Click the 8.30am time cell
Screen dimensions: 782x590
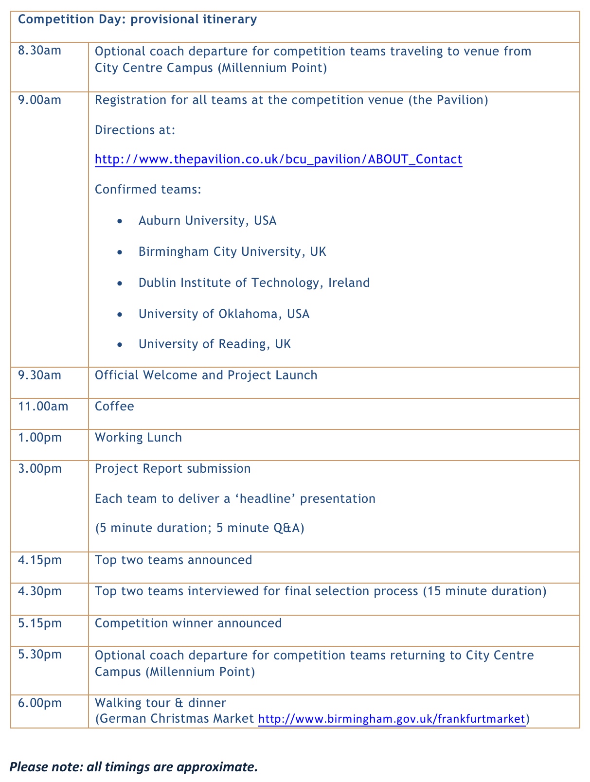point(39,51)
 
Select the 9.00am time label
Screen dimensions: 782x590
point(39,100)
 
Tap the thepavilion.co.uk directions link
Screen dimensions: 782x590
point(278,160)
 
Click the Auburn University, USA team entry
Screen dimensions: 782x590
point(207,221)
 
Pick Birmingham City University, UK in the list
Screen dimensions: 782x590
point(232,252)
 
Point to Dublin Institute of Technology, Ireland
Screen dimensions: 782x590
point(254,283)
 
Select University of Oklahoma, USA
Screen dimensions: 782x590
point(224,314)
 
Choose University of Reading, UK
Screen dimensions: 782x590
point(215,344)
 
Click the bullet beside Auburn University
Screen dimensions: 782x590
point(120,221)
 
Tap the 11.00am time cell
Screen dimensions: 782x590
point(43,406)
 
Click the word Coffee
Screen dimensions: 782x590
point(114,406)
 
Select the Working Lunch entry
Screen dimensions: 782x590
point(138,437)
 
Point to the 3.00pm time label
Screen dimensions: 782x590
point(39,468)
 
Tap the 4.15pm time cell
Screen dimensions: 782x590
point(39,560)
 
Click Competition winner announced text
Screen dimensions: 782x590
point(188,623)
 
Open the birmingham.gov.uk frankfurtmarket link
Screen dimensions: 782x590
point(392,719)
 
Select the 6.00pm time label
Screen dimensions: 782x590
point(39,703)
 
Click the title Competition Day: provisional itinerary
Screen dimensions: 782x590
point(137,19)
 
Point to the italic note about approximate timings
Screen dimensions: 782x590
point(133,767)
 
